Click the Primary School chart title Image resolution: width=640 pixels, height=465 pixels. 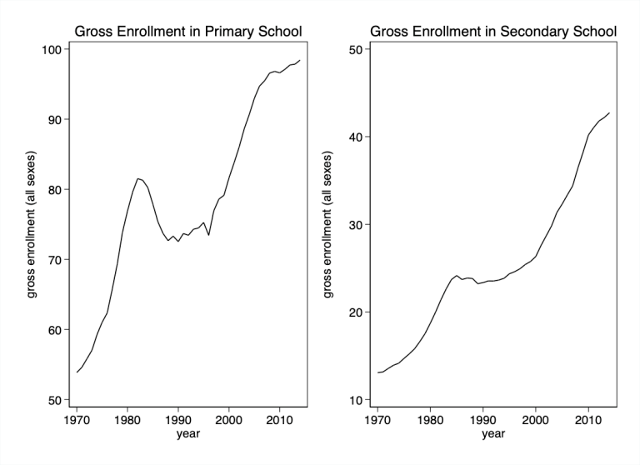(x=187, y=32)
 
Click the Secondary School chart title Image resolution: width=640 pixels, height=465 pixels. (x=493, y=32)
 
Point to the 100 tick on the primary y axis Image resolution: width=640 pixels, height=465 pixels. (x=51, y=49)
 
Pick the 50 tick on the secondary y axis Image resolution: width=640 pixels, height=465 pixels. (x=356, y=49)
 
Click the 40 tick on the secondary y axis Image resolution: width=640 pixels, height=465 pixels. (x=356, y=137)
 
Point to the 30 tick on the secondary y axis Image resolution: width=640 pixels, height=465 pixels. (x=356, y=225)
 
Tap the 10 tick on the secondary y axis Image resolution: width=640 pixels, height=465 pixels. (x=356, y=400)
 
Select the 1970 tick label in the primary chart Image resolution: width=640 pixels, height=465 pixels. (x=76, y=419)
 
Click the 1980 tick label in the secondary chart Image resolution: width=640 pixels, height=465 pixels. (x=430, y=419)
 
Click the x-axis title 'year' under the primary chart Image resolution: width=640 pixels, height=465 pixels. (x=187, y=433)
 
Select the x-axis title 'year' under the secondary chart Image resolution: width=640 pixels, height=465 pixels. (x=493, y=433)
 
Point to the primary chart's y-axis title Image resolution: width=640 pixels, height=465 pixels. (x=31, y=225)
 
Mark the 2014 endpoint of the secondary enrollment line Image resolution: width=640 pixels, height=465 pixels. (x=609, y=112)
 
